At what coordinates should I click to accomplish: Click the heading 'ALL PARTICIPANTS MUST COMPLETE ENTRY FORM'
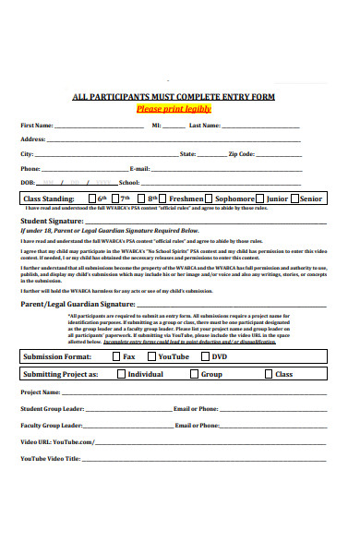174,97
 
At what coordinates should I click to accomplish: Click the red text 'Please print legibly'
174,108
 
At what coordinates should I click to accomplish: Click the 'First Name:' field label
37,125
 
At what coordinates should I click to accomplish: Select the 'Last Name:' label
205,125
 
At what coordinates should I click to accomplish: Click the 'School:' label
128,183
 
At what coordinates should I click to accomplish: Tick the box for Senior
294,199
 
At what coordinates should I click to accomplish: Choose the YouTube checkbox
150,356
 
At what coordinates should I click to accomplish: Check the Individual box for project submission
119,375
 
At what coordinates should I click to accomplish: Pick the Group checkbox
193,375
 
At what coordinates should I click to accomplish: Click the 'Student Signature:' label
52,222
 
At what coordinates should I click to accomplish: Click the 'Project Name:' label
41,392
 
